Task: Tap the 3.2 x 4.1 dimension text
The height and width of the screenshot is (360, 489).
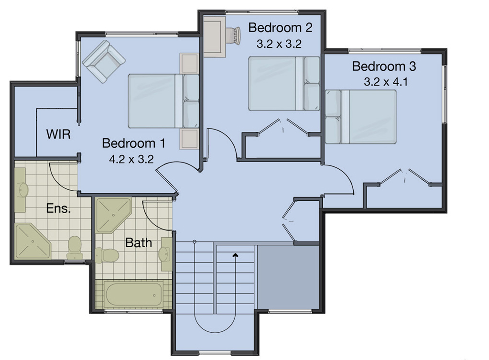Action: tap(385, 82)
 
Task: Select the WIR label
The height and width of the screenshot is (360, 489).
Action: tap(58, 134)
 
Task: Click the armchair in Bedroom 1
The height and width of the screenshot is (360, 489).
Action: tap(103, 61)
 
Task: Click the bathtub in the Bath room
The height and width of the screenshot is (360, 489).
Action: tap(133, 294)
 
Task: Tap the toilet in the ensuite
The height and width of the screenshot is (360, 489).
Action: tap(75, 248)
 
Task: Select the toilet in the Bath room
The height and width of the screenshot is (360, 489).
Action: tap(108, 254)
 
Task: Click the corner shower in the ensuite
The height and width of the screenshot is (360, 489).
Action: tap(32, 240)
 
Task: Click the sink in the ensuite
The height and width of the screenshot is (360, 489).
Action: tap(22, 190)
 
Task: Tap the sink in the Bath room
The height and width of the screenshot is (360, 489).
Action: tap(165, 253)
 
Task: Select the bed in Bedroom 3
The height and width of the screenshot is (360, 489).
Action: tap(361, 117)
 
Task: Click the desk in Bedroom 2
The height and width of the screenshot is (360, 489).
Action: tap(214, 36)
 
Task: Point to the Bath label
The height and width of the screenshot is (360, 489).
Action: tap(139, 243)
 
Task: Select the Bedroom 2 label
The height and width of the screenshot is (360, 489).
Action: tap(280, 28)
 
